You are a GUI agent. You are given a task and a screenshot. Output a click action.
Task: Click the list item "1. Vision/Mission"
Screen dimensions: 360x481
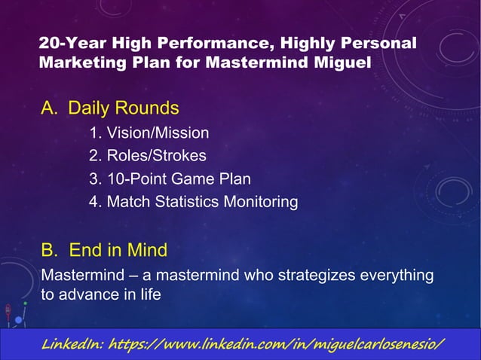click(149, 134)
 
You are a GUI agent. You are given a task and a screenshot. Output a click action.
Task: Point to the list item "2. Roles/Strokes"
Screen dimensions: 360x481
click(147, 157)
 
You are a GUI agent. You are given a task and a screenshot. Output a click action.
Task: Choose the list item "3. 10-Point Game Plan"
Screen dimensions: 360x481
click(170, 179)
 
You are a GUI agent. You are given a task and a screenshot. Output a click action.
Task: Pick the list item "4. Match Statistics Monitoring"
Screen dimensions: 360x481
click(193, 202)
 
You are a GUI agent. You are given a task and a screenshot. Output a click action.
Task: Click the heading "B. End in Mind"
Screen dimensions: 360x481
click(104, 249)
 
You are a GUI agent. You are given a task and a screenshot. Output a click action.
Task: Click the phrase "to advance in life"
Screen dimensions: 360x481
click(100, 294)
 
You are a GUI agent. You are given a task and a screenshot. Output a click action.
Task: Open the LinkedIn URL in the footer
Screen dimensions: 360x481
click(277, 344)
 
